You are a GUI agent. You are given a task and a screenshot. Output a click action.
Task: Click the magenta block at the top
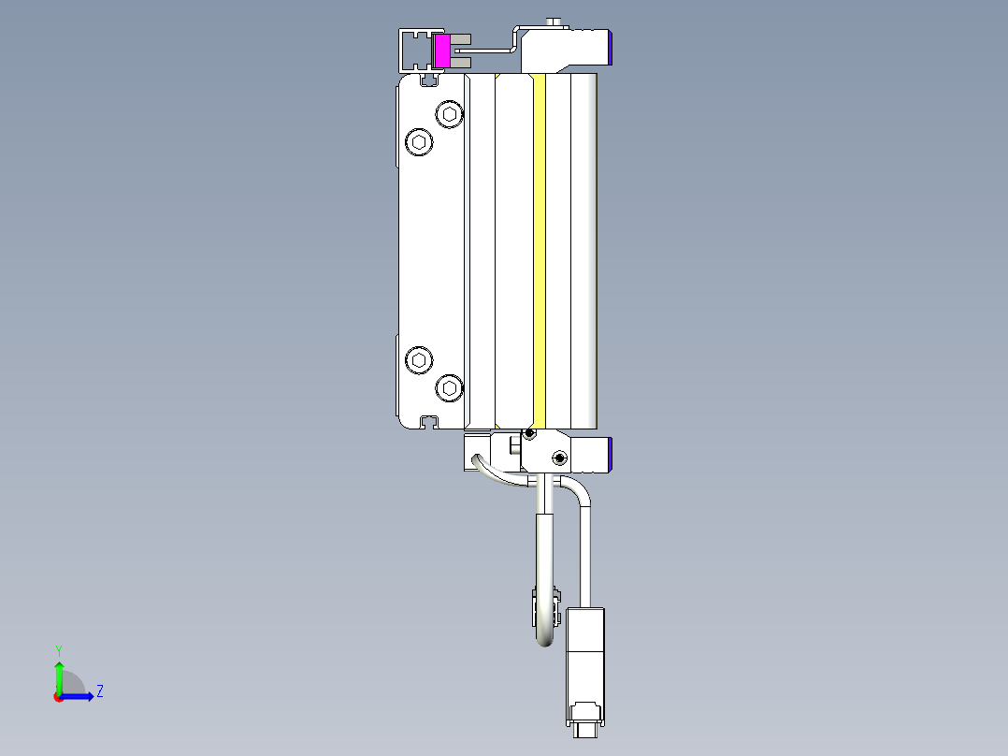click(x=442, y=51)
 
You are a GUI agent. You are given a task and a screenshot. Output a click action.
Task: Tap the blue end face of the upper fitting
click(x=610, y=46)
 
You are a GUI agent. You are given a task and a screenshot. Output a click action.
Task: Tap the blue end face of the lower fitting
click(x=610, y=454)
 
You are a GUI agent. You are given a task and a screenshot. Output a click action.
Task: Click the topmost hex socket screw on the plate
click(x=451, y=114)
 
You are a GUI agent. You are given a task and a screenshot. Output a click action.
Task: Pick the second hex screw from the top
click(x=420, y=142)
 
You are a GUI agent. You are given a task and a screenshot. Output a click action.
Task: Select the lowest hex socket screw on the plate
click(x=451, y=387)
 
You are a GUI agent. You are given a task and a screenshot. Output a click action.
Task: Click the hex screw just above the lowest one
click(x=420, y=359)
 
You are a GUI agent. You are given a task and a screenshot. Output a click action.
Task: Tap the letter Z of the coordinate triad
click(x=99, y=691)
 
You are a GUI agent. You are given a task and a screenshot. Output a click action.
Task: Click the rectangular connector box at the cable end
click(x=585, y=655)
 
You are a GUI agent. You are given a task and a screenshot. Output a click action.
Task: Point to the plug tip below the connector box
click(x=585, y=727)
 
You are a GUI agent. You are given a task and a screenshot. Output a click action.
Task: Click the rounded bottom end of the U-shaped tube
click(x=545, y=642)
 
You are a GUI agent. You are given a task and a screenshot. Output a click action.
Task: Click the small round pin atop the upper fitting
click(x=555, y=22)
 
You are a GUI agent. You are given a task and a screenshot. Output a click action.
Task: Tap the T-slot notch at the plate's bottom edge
click(x=429, y=421)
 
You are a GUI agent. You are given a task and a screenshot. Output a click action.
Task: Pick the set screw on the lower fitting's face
click(x=559, y=458)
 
